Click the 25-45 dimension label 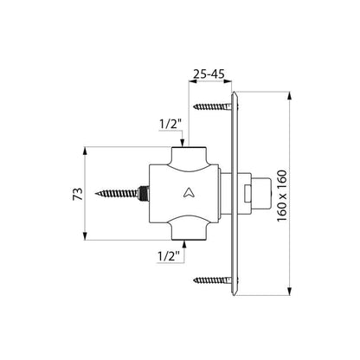209,74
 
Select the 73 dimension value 78,194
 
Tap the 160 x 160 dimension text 282,196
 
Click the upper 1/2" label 170,125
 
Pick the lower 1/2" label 169,256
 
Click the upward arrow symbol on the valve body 190,192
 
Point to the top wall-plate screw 215,106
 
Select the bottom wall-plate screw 215,280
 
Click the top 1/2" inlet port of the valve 189,156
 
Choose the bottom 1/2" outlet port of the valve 189,231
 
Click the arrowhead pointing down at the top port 183,143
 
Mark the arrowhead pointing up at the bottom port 183,245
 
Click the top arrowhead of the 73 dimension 85,151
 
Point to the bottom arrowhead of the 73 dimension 85,236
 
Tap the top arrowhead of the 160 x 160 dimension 290,96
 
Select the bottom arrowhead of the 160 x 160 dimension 290,291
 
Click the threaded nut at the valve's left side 144,193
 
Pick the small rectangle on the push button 247,194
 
